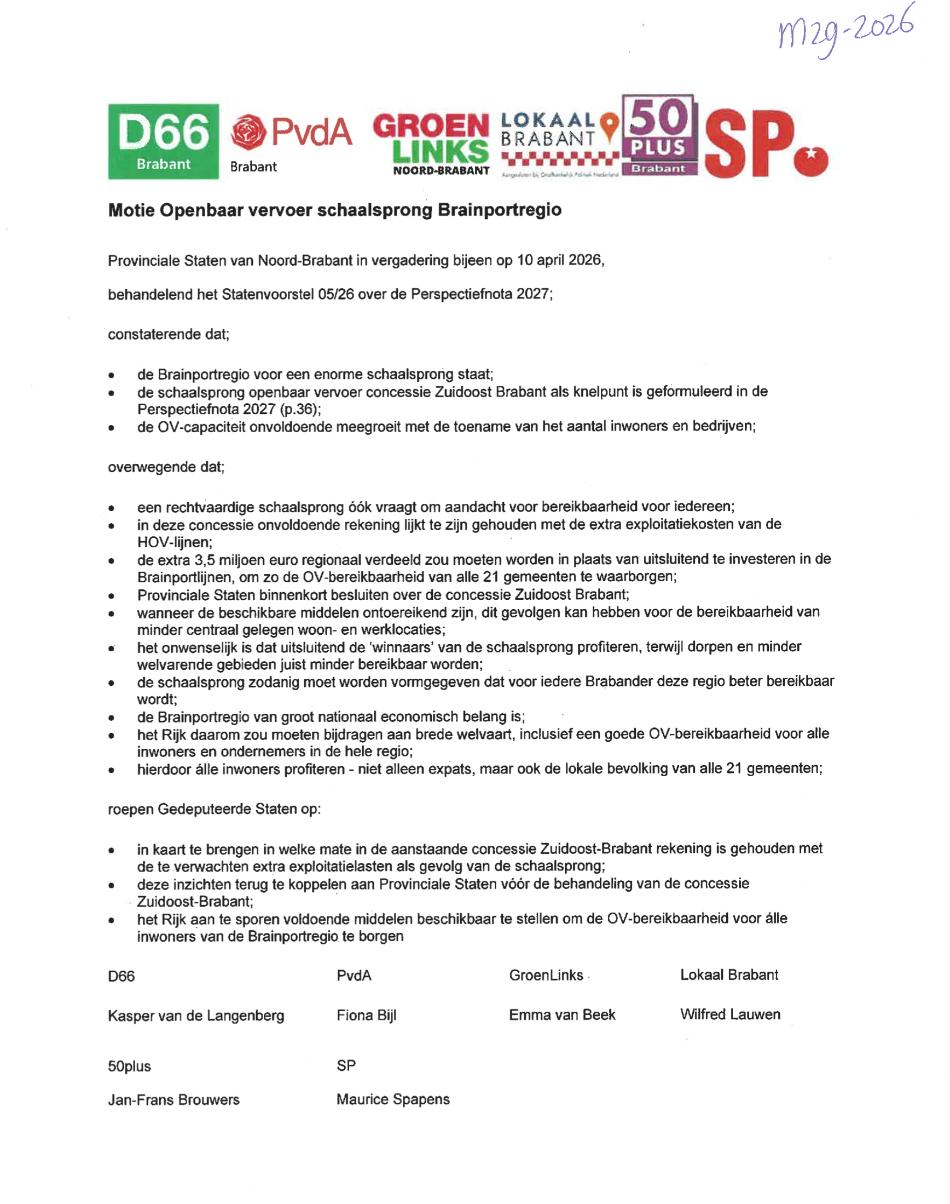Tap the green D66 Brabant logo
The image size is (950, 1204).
coord(163,141)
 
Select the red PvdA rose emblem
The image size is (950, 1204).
coord(248,133)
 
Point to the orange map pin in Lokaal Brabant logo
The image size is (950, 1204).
coord(610,125)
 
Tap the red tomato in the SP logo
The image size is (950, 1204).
coord(811,159)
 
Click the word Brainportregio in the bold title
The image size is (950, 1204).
coord(500,210)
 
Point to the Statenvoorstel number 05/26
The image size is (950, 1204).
coord(336,294)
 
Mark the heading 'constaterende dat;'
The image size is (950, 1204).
coord(169,334)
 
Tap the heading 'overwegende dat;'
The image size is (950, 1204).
coord(166,467)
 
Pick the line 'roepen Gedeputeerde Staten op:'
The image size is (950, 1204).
coord(214,809)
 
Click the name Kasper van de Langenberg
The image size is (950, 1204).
coord(196,1016)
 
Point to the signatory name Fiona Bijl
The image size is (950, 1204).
coord(366,1016)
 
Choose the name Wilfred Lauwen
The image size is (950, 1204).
coord(730,1014)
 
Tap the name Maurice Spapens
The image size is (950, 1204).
coord(393,1099)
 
